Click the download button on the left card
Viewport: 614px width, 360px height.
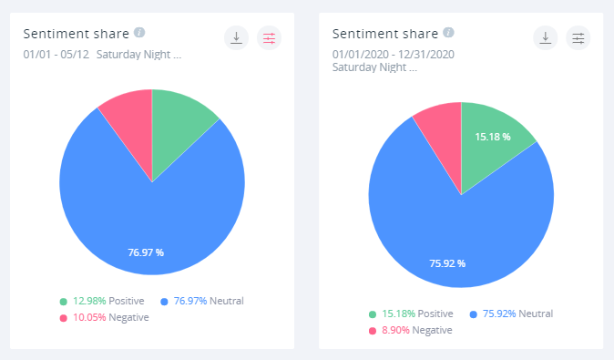tap(236, 37)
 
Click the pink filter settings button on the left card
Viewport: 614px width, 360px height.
tap(269, 37)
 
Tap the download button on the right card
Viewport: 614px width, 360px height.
tap(545, 37)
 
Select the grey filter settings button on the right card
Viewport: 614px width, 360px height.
tap(578, 37)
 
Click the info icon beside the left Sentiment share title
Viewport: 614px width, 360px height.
tap(139, 33)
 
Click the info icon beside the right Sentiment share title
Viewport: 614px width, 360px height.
tap(448, 33)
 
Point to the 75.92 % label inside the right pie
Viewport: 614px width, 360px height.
tap(447, 263)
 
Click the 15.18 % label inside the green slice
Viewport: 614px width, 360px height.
tap(493, 137)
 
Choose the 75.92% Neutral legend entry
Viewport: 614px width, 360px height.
tap(511, 314)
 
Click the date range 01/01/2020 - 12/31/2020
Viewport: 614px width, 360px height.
tap(393, 54)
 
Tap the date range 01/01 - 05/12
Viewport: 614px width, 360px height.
tap(55, 54)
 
